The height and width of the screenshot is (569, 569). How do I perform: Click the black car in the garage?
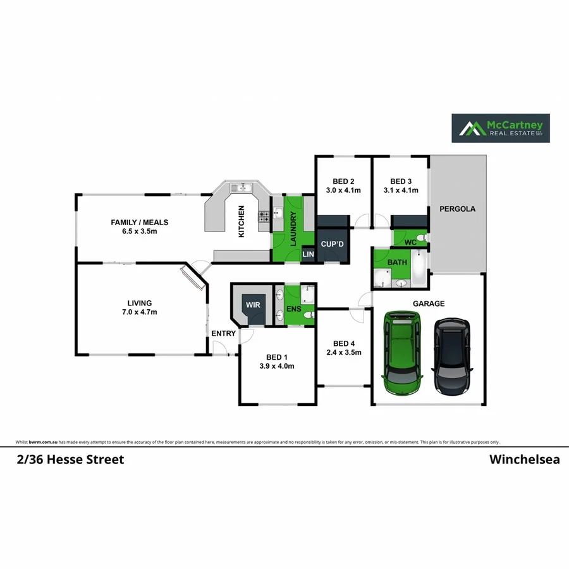[x=451, y=357]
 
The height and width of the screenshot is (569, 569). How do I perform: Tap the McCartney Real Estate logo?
[x=500, y=128]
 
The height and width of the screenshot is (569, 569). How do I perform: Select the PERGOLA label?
[x=458, y=208]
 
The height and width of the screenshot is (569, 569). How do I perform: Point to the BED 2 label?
[x=343, y=180]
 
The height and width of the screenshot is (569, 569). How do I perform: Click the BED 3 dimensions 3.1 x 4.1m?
[x=401, y=190]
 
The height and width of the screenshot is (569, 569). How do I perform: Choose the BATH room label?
[x=398, y=262]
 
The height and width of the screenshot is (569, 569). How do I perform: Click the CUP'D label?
[x=332, y=244]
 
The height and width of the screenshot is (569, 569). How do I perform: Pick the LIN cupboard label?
[x=309, y=254]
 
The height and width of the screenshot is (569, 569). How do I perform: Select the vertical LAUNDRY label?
[x=293, y=228]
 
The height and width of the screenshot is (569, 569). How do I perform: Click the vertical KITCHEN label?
[x=241, y=222]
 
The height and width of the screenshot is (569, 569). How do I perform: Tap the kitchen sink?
[x=242, y=187]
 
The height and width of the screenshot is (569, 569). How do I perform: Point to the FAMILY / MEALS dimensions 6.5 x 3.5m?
[x=140, y=231]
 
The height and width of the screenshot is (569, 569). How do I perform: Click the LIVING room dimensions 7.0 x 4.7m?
[x=140, y=312]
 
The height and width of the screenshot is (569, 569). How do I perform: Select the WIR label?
[x=253, y=305]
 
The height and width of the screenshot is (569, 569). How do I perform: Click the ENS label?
[x=293, y=309]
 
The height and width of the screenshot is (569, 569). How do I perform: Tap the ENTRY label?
[x=223, y=333]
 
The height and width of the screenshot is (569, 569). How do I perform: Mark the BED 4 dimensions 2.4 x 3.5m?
[x=343, y=353]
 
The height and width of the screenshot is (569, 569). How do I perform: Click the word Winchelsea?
[x=524, y=460]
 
